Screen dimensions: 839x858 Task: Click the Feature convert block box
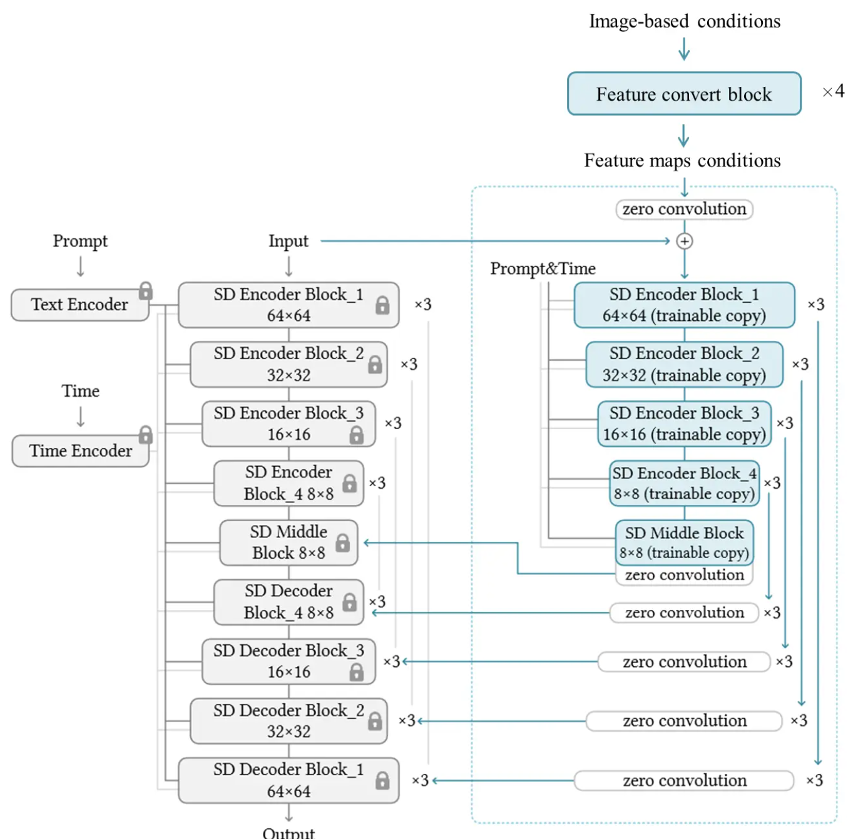[684, 94]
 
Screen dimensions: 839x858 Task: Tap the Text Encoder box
[79, 305]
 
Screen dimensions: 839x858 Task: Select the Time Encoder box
[80, 451]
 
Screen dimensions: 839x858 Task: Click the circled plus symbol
[685, 241]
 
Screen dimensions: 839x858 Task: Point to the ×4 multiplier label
[834, 91]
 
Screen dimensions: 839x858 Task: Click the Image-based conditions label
[685, 21]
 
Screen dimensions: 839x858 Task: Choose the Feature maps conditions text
[682, 161]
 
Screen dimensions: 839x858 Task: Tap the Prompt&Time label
[543, 269]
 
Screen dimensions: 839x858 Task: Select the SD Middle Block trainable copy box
[684, 542]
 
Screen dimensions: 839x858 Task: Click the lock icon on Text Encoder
[146, 291]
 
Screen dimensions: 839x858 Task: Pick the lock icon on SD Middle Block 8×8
[343, 542]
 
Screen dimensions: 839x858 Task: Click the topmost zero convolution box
[684, 209]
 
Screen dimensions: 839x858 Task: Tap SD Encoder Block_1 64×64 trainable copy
[684, 305]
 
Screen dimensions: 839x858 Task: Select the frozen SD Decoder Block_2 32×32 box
[289, 721]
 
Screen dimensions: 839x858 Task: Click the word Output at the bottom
[289, 833]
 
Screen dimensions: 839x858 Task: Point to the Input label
[289, 241]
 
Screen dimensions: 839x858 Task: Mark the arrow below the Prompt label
[80, 267]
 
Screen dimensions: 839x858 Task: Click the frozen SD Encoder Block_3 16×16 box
[289, 424]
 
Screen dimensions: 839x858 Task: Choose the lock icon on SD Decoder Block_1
[382, 780]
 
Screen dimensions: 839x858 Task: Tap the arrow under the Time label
[80, 417]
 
